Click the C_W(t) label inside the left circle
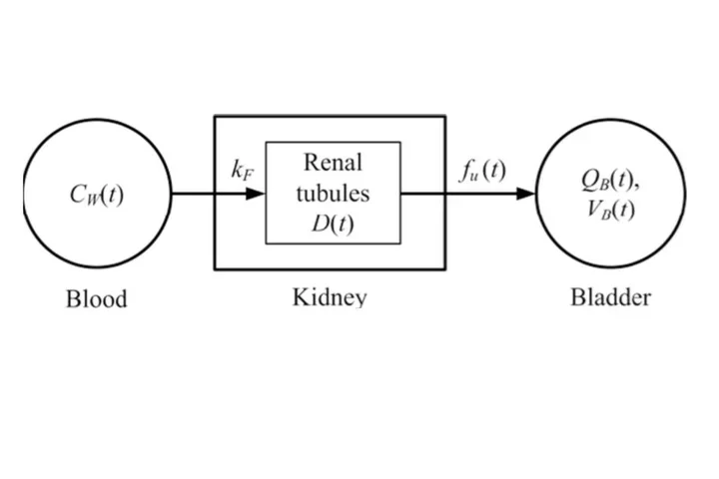tap(97, 194)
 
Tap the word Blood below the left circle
tap(97, 298)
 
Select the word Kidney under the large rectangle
tap(329, 296)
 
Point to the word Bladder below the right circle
tap(610, 296)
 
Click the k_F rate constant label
tap(242, 171)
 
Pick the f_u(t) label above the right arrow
tap(481, 171)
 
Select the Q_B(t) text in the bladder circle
tap(608, 180)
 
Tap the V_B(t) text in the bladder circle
tap(608, 210)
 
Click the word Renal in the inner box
tap(333, 163)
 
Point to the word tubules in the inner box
tap(333, 193)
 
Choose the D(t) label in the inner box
tap(333, 223)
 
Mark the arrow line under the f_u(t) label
tap(479, 193)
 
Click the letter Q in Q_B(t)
tap(590, 180)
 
